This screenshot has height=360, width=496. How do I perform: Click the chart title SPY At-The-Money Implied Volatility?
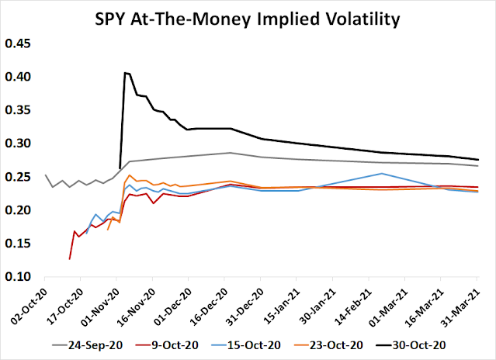[x=247, y=18]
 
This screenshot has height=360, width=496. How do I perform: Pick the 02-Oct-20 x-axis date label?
[x=31, y=299]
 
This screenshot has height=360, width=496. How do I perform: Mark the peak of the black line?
[x=125, y=73]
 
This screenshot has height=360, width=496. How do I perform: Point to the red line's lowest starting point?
[x=69, y=258]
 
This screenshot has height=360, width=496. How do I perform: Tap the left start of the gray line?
[x=46, y=175]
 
